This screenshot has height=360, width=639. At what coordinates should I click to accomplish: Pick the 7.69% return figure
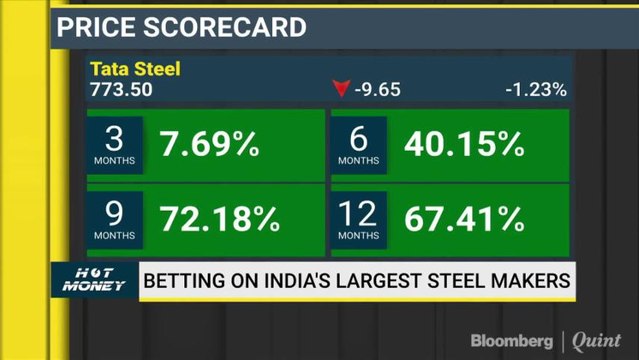[209, 145]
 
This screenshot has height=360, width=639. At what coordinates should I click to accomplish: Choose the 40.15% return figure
[464, 145]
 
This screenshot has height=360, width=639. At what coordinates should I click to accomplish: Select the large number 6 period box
[358, 144]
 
